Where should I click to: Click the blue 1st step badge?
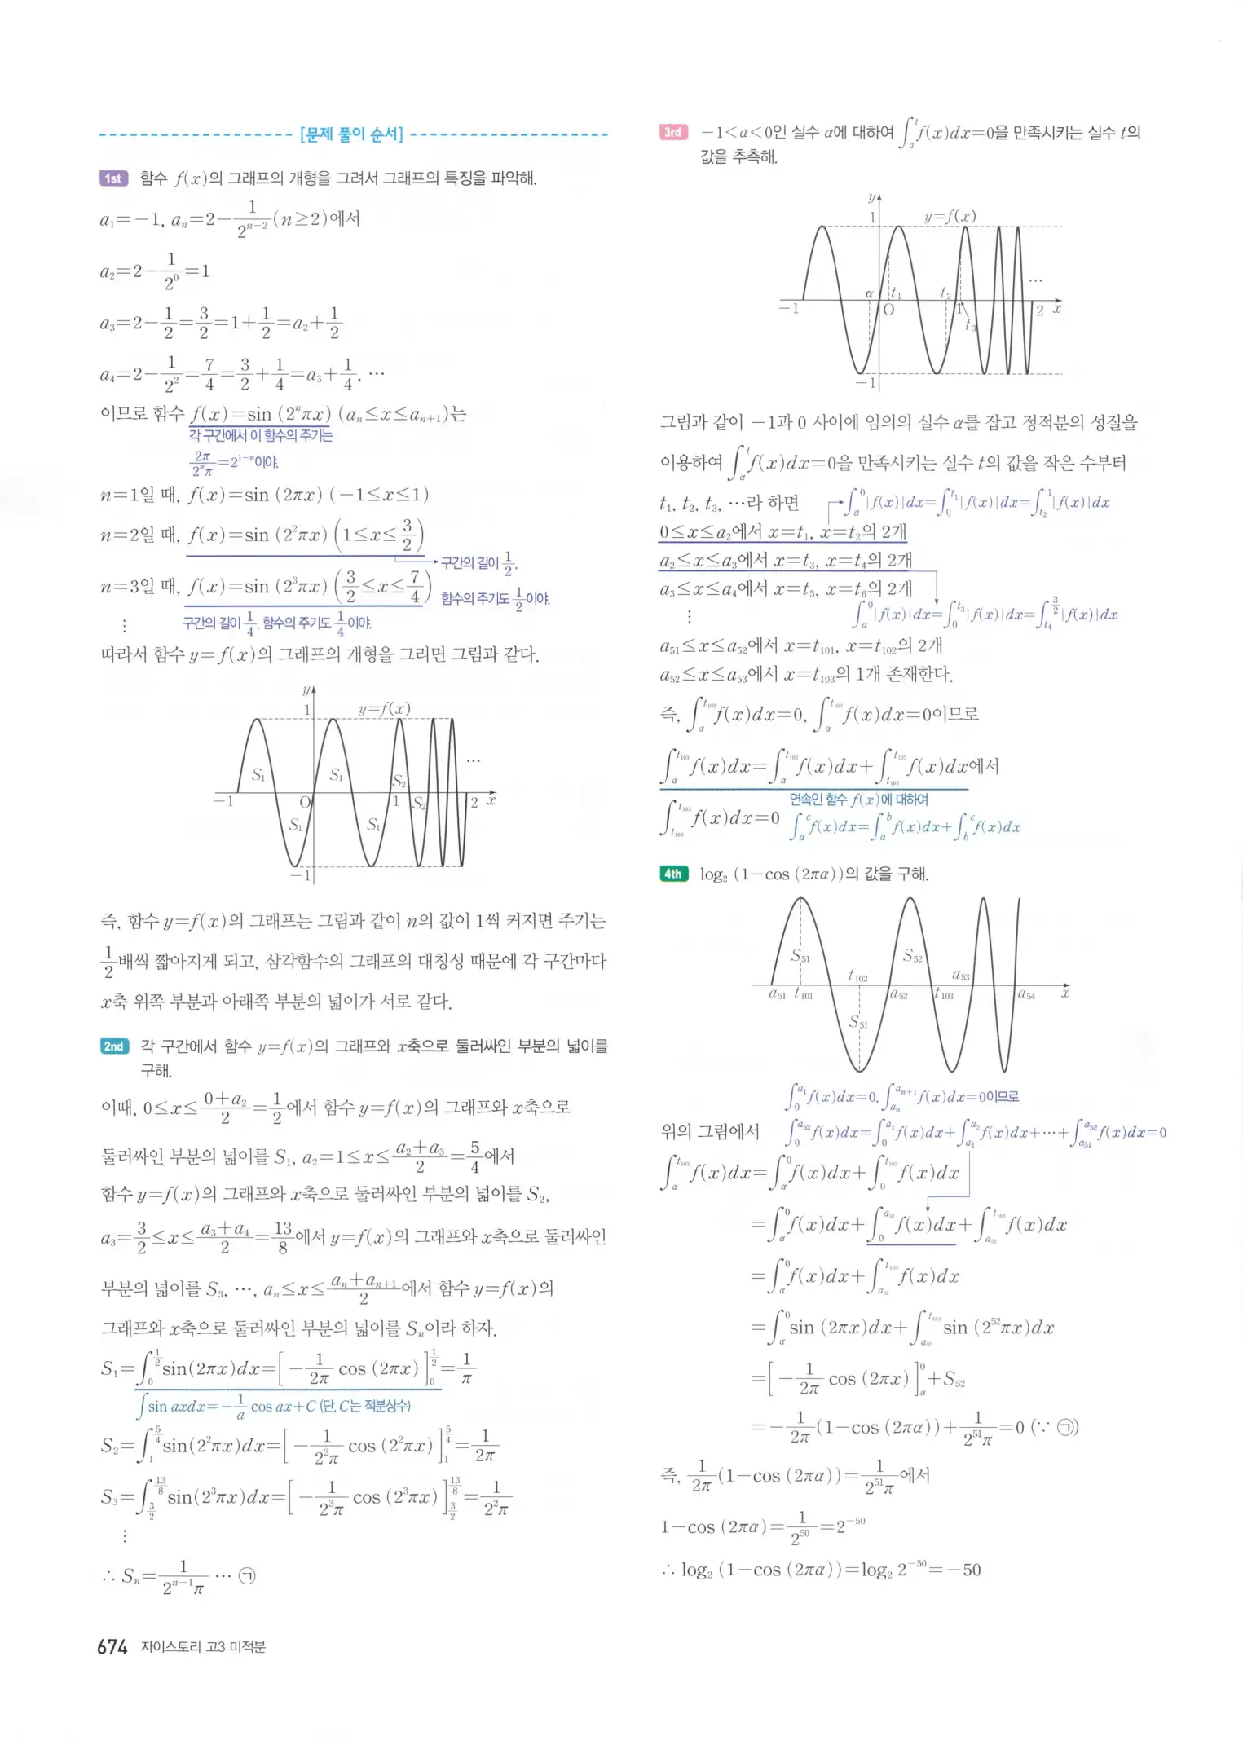coord(113,178)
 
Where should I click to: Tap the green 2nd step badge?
coord(114,1046)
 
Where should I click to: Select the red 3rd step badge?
coord(673,132)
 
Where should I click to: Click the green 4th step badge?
coord(673,874)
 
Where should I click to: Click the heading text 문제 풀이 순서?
coord(351,134)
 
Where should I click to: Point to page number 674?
coord(112,1647)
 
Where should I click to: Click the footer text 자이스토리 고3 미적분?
coord(203,1647)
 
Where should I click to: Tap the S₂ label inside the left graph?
coord(399,781)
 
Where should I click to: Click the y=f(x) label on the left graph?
coord(384,708)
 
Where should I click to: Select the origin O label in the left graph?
coord(305,803)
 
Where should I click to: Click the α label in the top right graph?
coord(869,293)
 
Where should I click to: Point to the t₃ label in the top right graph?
coord(970,325)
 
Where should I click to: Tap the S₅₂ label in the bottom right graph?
coord(913,956)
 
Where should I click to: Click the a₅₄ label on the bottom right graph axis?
coord(1026,994)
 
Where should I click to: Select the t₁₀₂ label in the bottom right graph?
coord(857,976)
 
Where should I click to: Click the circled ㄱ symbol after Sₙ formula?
coord(247,1575)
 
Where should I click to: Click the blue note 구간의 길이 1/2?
coord(478,562)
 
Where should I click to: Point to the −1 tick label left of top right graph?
coord(789,308)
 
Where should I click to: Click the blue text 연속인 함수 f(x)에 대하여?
coord(858,800)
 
